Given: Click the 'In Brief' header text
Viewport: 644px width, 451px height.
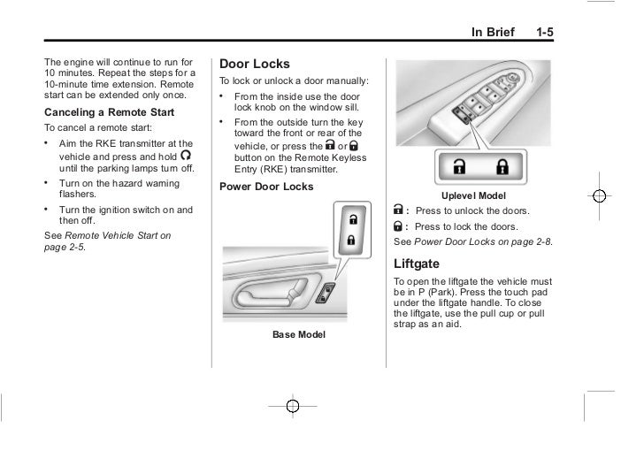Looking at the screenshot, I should pyautogui.click(x=491, y=33).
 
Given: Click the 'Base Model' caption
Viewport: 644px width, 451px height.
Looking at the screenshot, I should pyautogui.click(x=298, y=334).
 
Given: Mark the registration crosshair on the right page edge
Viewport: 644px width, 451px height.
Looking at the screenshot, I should pyautogui.click(x=599, y=195).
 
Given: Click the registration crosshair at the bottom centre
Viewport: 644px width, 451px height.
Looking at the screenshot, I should pyautogui.click(x=293, y=405).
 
